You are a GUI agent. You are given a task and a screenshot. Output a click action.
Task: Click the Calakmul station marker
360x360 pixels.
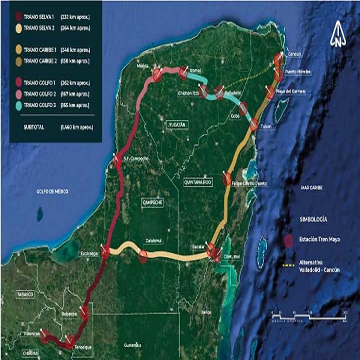[x=143, y=256]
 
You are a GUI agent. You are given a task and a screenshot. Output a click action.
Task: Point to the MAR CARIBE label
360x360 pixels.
[x=313, y=188]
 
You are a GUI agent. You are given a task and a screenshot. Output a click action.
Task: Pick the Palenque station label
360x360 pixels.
[x=32, y=333]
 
